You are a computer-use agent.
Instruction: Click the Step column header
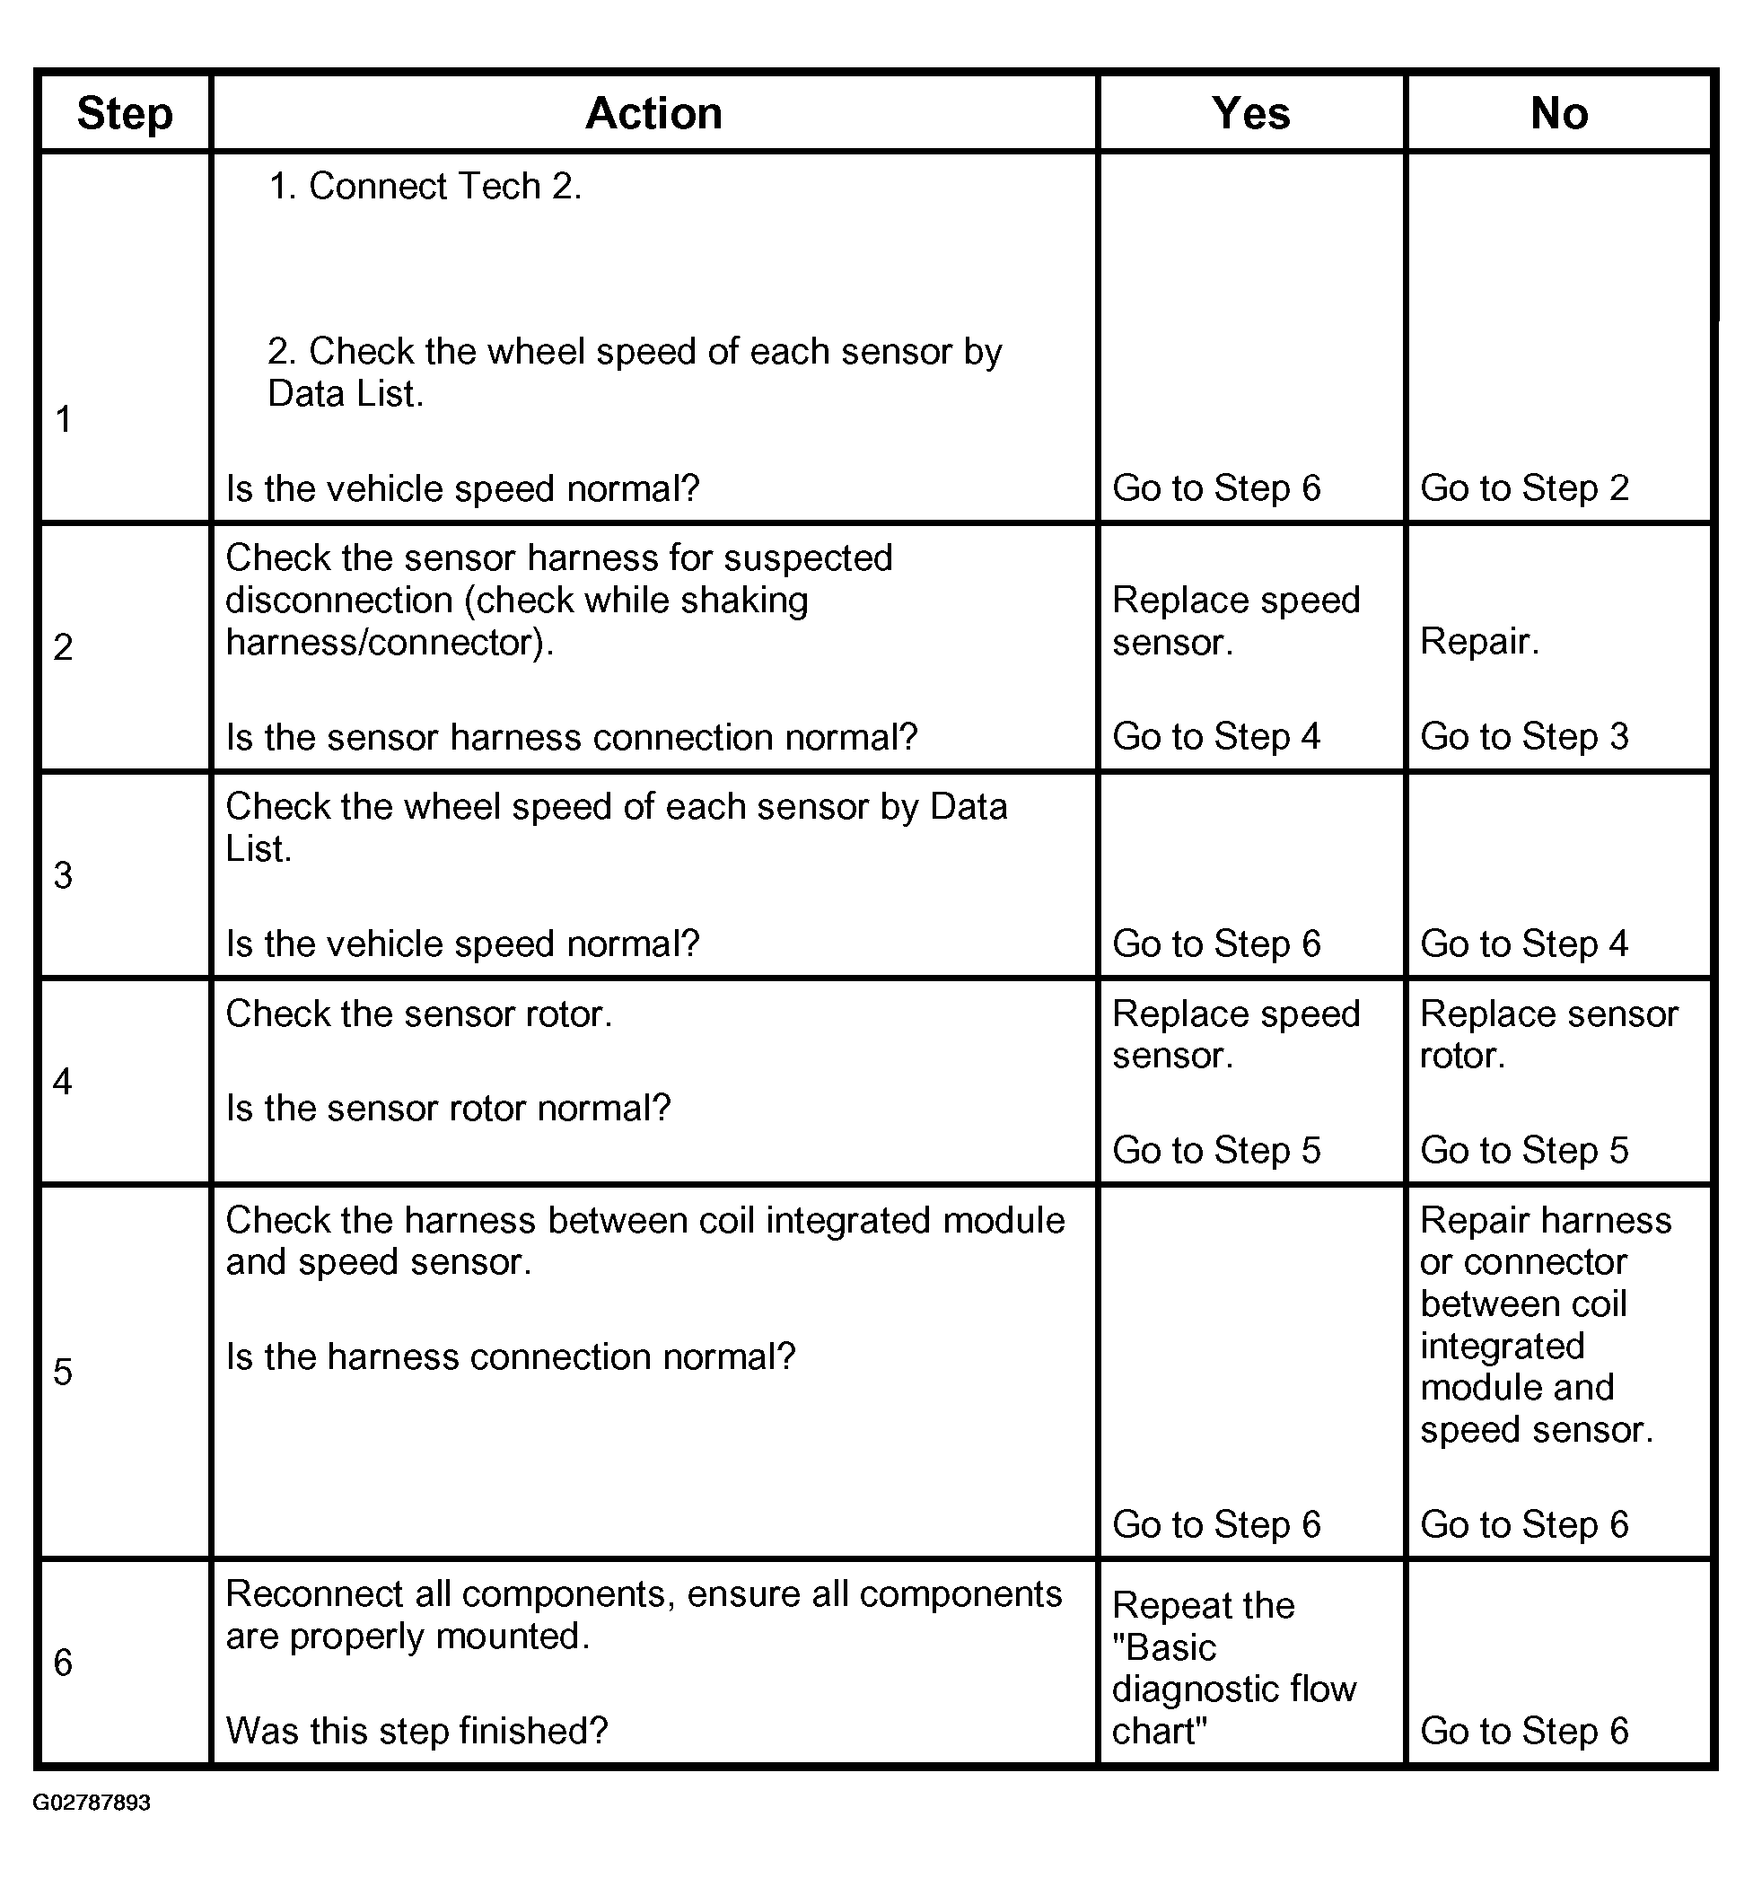tap(125, 113)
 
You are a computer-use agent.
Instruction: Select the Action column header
tap(653, 113)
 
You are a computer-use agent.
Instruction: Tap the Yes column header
tap(1250, 113)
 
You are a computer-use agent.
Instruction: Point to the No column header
tap(1558, 113)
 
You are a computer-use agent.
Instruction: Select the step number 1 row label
tap(64, 418)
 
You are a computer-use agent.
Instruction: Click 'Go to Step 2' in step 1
tap(1524, 488)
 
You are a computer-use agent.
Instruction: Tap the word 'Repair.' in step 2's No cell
tap(1479, 642)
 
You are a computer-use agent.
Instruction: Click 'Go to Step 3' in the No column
tap(1524, 737)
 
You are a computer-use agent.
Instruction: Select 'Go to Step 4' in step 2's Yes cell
tap(1215, 737)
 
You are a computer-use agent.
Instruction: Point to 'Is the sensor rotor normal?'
tap(448, 1108)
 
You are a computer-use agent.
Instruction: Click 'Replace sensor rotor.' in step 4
tap(1549, 1034)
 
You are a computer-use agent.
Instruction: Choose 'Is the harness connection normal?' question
tap(510, 1357)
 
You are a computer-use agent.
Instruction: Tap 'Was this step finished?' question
tap(416, 1732)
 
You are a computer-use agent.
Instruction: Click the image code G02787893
tap(92, 1803)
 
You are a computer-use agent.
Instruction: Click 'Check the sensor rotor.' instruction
tap(418, 1014)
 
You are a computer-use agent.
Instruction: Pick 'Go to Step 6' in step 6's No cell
tap(1524, 1732)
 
